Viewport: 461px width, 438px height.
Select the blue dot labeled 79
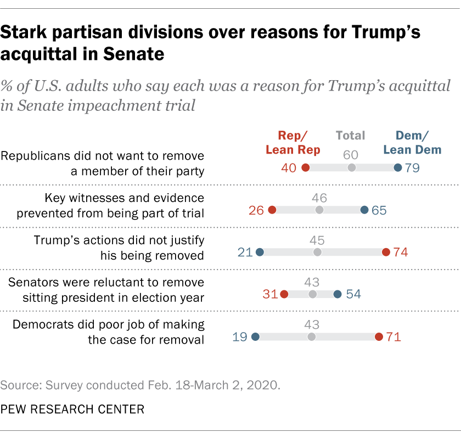[x=398, y=167]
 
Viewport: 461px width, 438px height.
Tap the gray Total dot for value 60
[x=352, y=167]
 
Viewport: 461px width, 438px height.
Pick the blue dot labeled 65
[x=364, y=210]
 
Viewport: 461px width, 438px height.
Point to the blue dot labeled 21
[x=260, y=252]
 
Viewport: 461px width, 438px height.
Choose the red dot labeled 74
[x=386, y=252]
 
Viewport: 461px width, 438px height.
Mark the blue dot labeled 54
[x=338, y=294]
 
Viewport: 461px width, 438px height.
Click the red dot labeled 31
[x=284, y=294]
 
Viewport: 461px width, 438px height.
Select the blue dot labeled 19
[x=255, y=336]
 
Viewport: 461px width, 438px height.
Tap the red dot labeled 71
[x=379, y=336]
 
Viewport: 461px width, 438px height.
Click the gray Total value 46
[x=319, y=196]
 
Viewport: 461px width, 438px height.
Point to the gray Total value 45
[x=317, y=239]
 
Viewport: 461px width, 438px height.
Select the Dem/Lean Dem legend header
[x=407, y=142]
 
